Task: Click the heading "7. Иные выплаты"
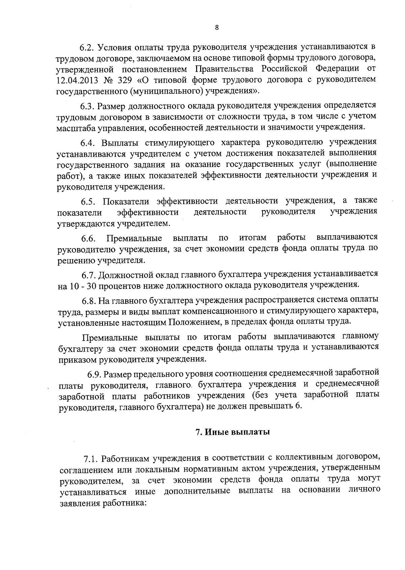click(233, 432)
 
